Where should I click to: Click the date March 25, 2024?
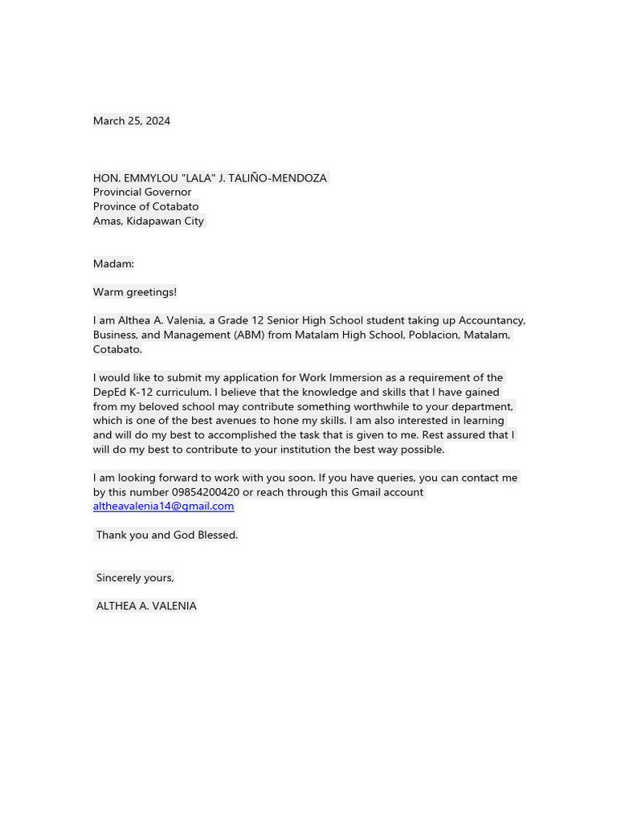tap(131, 121)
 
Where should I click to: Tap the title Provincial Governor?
tap(141, 193)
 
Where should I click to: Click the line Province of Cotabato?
tap(145, 207)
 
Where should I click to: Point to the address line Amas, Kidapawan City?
tap(148, 222)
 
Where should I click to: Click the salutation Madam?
tap(113, 264)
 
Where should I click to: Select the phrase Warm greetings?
tap(134, 292)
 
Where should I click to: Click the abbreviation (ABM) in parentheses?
tap(248, 336)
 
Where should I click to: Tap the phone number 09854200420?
tap(205, 492)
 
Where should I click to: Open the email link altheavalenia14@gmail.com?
tap(163, 507)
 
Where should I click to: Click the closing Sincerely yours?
tap(134, 578)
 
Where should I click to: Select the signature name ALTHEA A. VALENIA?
tap(145, 606)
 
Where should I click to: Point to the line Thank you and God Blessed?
tap(166, 535)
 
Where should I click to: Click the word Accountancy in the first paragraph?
tap(491, 321)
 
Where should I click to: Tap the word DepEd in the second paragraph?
tap(109, 393)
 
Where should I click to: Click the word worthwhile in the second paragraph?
tap(370, 407)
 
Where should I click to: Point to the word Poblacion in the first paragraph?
tap(433, 336)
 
